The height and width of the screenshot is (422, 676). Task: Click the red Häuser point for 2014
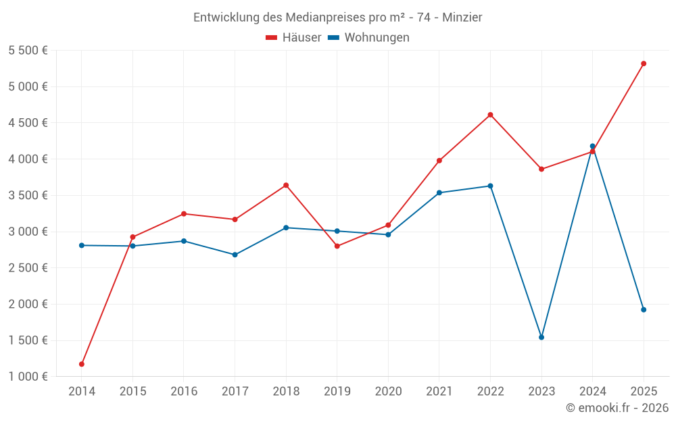coord(82,364)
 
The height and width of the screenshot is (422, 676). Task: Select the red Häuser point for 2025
coord(644,63)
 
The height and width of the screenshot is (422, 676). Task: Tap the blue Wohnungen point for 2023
coord(541,337)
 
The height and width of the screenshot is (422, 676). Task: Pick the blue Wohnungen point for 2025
coord(644,310)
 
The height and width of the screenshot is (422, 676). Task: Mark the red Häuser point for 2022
coord(491,115)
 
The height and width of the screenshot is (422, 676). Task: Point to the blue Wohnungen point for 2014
coord(82,245)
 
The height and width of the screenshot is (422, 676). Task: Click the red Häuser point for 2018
coord(286,185)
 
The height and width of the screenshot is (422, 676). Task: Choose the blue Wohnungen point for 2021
coord(439,193)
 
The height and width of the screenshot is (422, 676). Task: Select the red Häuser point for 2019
coord(337,246)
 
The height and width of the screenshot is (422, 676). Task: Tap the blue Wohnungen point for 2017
coord(235,255)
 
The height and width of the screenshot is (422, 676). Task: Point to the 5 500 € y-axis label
coord(28,51)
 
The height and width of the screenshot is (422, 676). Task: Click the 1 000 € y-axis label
coord(28,377)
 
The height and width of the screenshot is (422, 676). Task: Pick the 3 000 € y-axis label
coord(28,232)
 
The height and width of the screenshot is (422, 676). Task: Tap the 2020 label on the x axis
coord(388,392)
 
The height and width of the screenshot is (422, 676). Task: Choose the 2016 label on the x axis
coord(184,392)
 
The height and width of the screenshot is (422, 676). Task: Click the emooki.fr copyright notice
coord(617,408)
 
